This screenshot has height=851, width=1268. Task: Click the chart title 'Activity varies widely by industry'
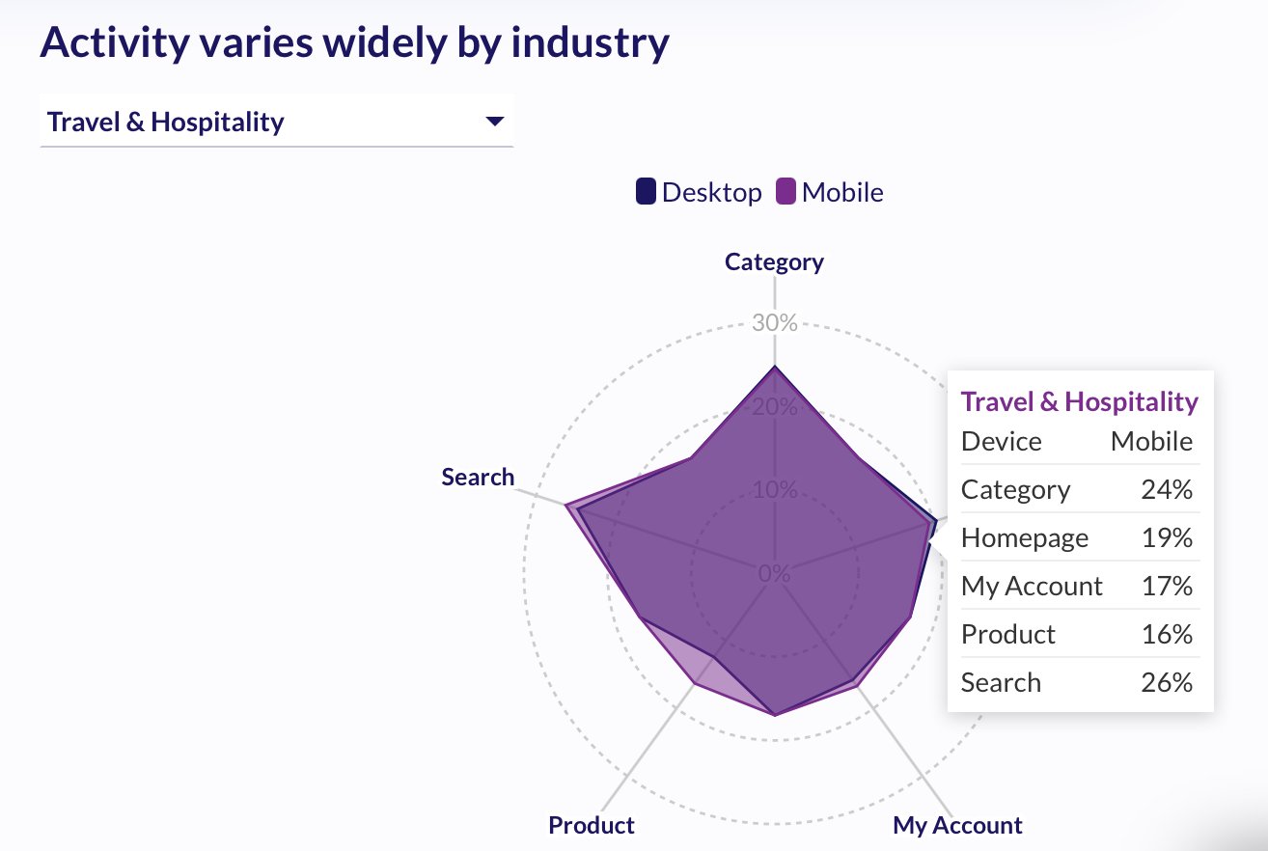coord(354,43)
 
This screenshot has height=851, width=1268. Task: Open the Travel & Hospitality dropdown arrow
coord(495,122)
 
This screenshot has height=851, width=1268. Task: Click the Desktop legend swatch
coord(646,192)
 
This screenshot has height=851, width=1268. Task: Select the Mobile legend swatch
coord(786,192)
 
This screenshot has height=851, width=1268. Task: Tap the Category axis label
coord(774,262)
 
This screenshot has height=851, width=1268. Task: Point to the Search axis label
coord(478,477)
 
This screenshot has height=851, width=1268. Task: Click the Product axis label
coord(592,825)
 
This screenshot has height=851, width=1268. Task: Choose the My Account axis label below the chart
coord(957,825)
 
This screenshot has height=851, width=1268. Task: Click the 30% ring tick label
coord(774,323)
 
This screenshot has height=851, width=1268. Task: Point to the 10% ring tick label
coord(774,490)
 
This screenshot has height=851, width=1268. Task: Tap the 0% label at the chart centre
coord(774,573)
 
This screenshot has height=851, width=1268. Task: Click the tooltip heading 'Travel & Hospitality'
coord(1080,401)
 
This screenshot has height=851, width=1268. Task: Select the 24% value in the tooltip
coord(1167,490)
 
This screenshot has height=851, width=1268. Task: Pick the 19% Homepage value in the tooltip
coord(1167,537)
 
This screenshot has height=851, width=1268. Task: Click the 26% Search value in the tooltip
coord(1167,682)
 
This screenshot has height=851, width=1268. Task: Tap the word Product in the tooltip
coord(1008,634)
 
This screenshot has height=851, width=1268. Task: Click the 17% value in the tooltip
coord(1167,586)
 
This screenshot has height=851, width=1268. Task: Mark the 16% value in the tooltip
coord(1167,634)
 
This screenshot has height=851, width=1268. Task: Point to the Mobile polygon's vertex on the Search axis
coord(566,505)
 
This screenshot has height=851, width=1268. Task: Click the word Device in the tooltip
coord(1002,442)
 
